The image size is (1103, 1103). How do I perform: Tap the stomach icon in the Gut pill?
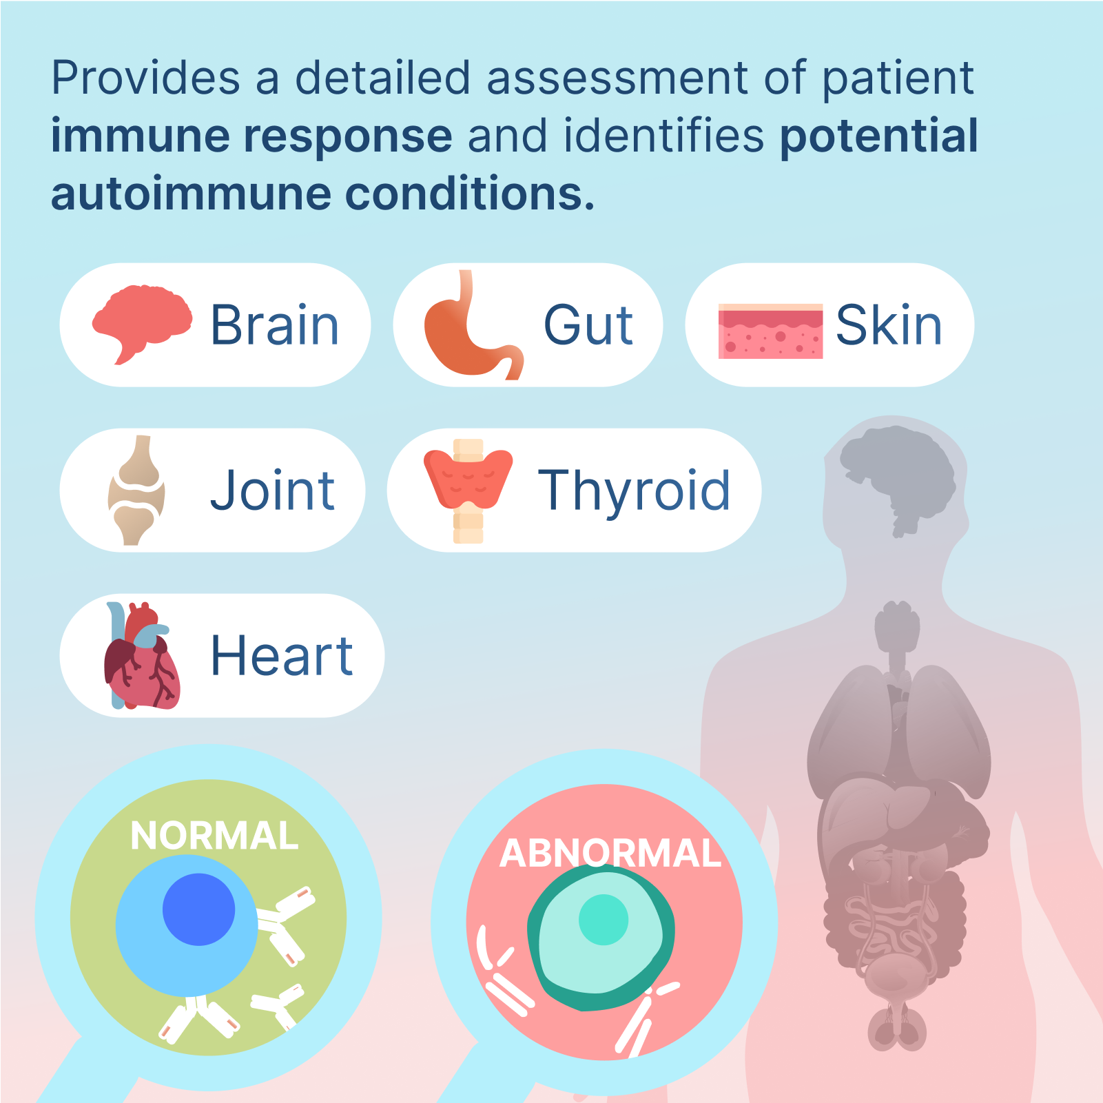473,324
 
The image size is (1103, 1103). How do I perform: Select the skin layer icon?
770,331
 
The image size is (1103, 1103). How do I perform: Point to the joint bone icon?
136,490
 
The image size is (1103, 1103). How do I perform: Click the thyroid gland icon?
468,491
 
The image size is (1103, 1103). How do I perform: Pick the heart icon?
142,656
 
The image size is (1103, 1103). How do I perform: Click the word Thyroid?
634,491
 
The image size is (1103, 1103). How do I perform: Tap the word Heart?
281,656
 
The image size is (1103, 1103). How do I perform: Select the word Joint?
273,491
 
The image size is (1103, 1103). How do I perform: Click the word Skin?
889,325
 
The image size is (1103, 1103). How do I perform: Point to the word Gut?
588,325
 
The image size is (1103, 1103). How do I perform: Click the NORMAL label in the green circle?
214,836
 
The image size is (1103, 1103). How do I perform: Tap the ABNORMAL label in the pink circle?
610,853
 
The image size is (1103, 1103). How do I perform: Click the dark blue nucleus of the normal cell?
198,909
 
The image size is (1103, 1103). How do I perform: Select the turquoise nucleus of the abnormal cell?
604,920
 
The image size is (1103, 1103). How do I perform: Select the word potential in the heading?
879,136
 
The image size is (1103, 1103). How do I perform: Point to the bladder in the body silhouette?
896,976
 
